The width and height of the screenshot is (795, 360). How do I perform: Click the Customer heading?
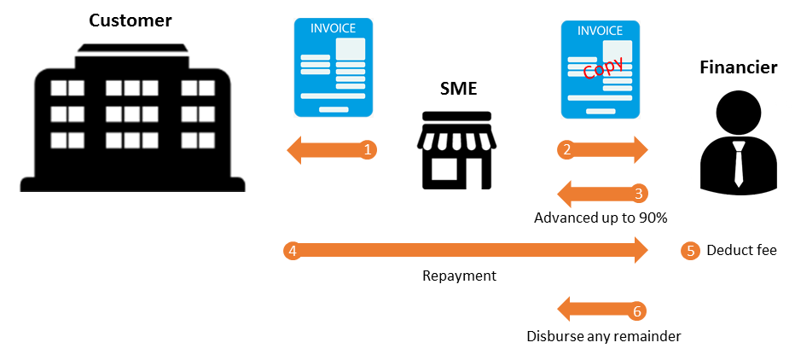click(131, 20)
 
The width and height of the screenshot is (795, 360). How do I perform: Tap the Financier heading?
click(738, 67)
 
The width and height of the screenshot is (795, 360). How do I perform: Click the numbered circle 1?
click(368, 150)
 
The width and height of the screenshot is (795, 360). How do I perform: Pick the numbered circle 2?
click(566, 150)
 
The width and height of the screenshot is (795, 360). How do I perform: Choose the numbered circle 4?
click(292, 251)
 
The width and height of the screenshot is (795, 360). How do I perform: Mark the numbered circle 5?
click(690, 251)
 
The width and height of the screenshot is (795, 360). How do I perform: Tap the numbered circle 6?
click(636, 311)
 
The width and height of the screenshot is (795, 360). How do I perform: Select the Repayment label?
click(459, 276)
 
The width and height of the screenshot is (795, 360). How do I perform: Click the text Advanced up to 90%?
click(600, 218)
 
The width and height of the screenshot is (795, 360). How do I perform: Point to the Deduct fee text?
click(741, 251)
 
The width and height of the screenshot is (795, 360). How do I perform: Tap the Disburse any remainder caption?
click(603, 336)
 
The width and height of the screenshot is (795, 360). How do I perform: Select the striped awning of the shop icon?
click(458, 131)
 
